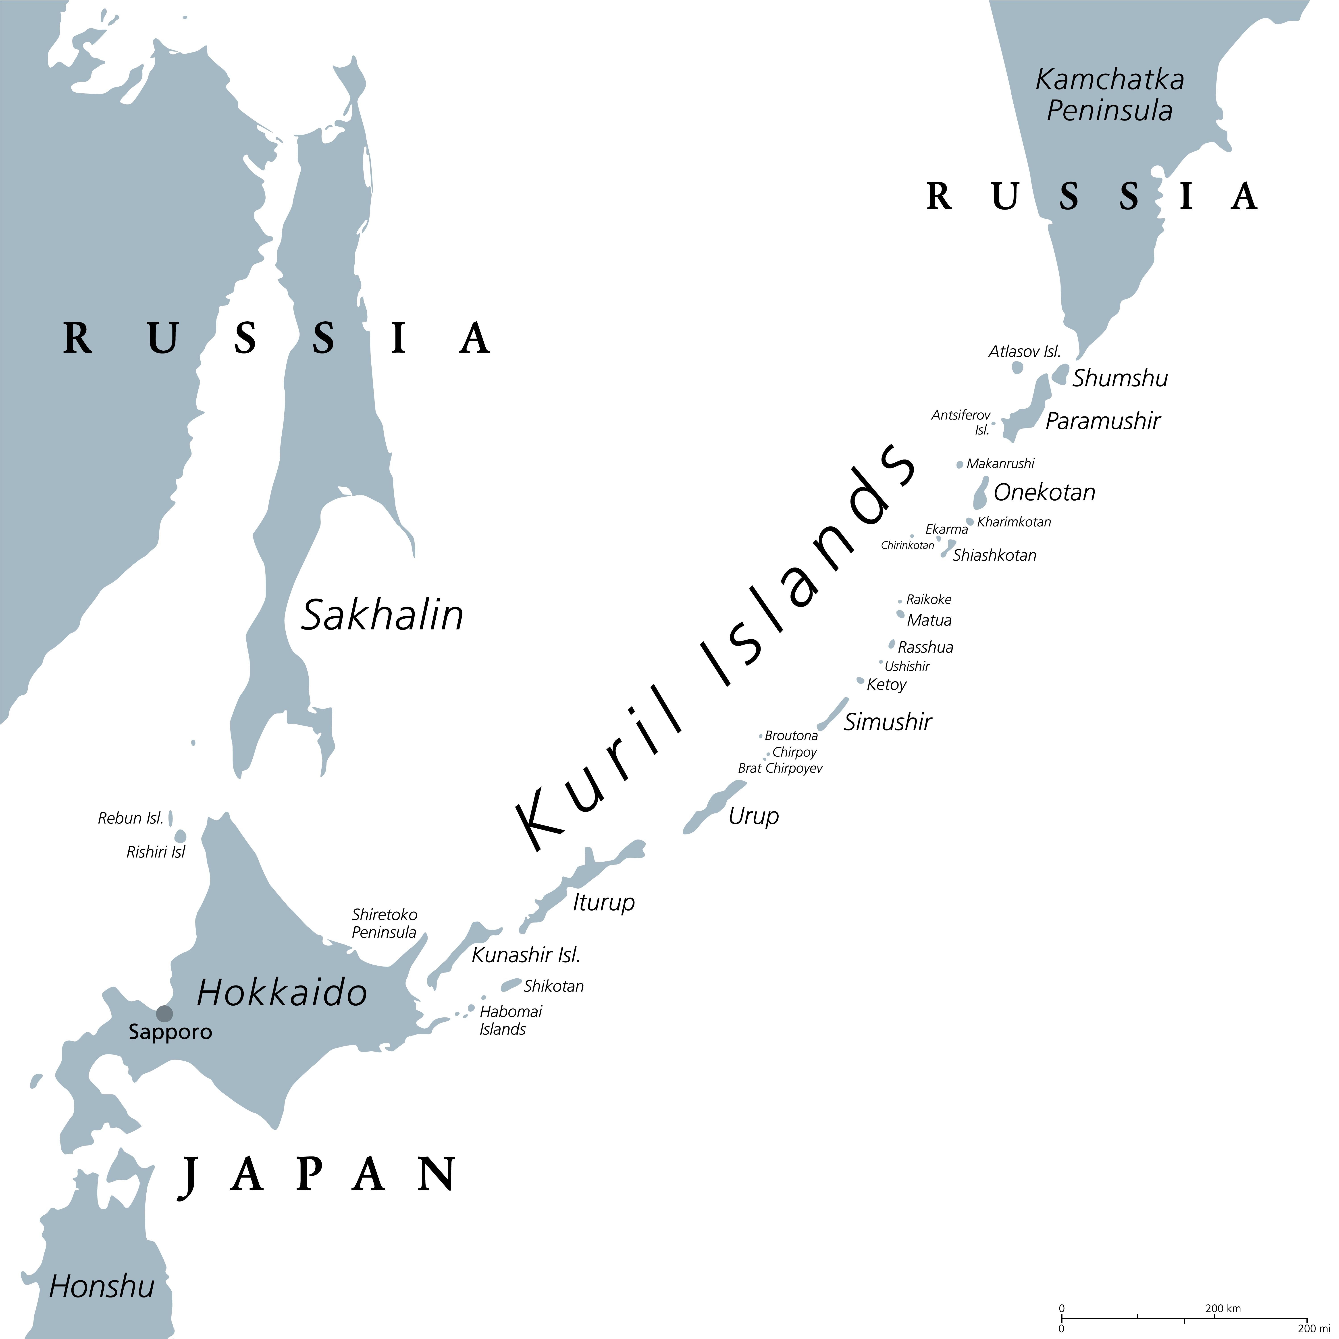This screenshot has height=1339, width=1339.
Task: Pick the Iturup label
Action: click(x=603, y=902)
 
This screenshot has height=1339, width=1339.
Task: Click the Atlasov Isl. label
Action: click(x=1024, y=351)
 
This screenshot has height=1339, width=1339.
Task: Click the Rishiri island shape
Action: click(x=180, y=836)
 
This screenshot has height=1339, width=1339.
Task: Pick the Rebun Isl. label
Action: click(x=130, y=819)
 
